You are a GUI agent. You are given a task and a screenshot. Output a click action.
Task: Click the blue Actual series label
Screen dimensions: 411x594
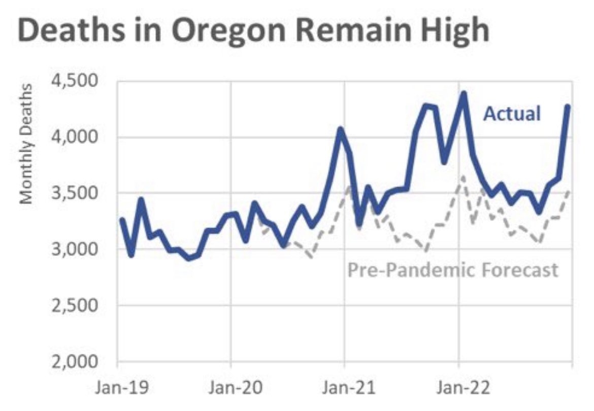511,114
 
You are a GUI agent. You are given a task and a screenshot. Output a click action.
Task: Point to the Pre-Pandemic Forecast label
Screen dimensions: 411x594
453,270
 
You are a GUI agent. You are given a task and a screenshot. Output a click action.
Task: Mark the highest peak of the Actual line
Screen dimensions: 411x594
463,93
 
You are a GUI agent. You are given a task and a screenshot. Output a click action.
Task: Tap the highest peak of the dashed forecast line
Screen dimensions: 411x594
462,177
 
